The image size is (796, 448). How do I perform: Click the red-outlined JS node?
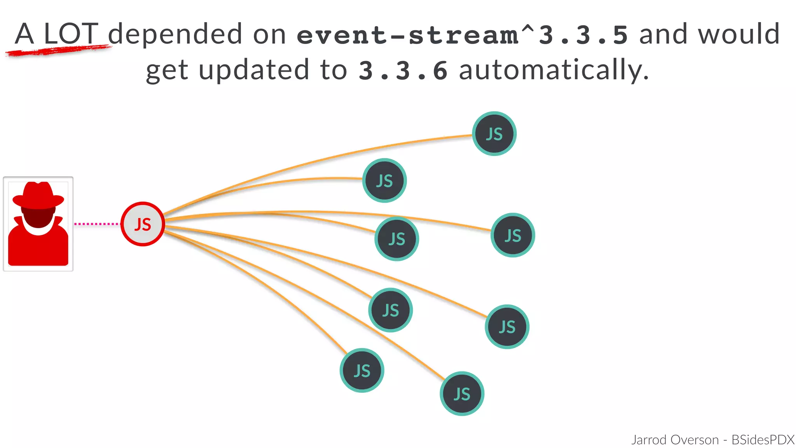click(143, 224)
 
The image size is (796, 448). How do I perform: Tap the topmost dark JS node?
click(494, 134)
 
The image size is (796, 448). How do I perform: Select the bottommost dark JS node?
click(462, 394)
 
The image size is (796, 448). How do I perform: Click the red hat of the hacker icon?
click(38, 194)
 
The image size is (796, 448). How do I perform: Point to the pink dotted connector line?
click(96, 224)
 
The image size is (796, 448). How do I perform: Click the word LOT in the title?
click(71, 34)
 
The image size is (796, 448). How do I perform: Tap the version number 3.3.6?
click(403, 71)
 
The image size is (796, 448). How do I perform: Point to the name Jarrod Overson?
click(675, 440)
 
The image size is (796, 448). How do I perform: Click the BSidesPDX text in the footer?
click(763, 440)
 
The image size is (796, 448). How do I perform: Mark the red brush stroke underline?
click(58, 51)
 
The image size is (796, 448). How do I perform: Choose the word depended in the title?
click(175, 34)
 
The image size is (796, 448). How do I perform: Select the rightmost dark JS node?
click(513, 235)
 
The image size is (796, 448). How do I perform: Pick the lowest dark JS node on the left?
click(362, 370)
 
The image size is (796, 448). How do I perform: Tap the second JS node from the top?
click(384, 180)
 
